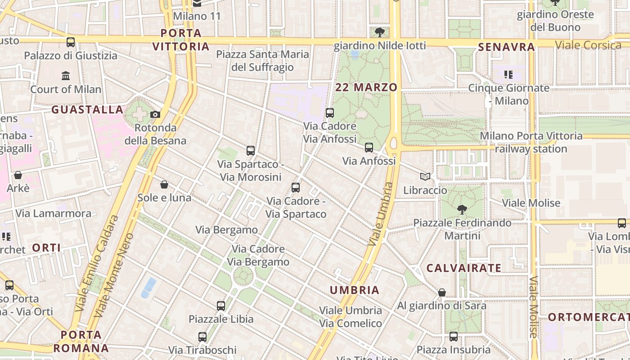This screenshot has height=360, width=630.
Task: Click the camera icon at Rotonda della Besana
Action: [x=155, y=114]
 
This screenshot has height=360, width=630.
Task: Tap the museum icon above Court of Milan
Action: [x=66, y=76]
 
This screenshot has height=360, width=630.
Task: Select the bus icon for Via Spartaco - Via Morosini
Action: [x=251, y=151]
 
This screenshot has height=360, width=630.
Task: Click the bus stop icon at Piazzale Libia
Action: [x=220, y=306]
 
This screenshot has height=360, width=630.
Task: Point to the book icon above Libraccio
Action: [x=425, y=177]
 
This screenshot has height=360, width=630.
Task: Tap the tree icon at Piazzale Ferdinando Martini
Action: [x=462, y=209]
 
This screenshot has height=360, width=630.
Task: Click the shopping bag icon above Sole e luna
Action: [x=164, y=184]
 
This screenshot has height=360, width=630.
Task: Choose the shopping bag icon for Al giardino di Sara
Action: [x=442, y=292]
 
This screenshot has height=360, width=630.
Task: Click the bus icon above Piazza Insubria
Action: [x=453, y=337]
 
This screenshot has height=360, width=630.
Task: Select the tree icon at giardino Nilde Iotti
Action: [x=380, y=32]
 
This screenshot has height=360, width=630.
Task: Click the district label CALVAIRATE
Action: [x=463, y=268]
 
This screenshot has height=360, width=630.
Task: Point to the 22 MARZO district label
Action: [x=366, y=87]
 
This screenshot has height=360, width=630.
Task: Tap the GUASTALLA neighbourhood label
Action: [x=87, y=109]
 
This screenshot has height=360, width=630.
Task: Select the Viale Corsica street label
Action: [x=588, y=45]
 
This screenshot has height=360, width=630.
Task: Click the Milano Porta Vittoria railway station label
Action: [x=531, y=142]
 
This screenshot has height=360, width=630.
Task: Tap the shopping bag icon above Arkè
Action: [x=18, y=175]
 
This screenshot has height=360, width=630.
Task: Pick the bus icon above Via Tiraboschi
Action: [x=202, y=337]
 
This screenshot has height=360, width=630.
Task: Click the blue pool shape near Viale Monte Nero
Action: [x=148, y=288]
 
